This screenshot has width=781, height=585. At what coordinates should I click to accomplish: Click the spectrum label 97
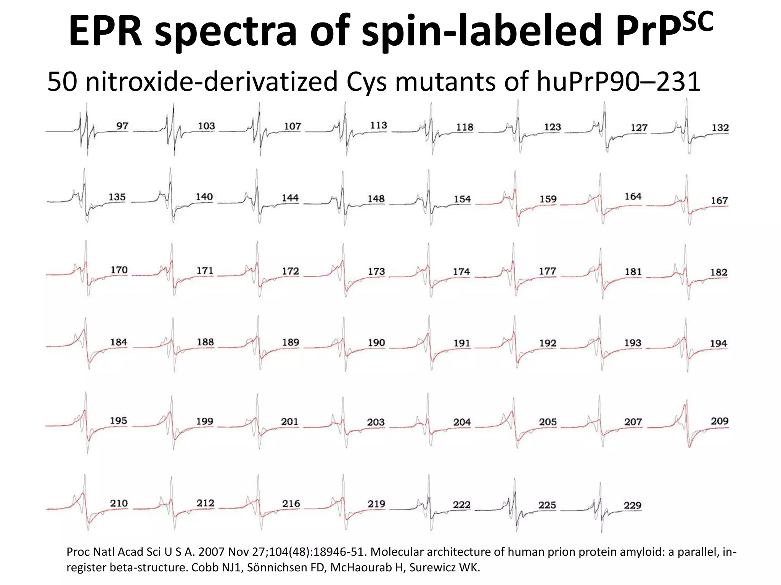pos(122,126)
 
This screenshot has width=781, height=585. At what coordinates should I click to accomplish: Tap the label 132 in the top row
pos(720,128)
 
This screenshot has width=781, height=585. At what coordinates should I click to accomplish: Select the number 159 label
pos(548,199)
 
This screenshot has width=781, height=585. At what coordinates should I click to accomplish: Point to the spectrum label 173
pos(376,272)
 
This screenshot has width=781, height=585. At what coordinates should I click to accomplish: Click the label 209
pos(720,421)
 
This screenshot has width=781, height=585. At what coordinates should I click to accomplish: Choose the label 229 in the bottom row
pos(633,505)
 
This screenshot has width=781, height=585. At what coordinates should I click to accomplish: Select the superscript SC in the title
pos(690,21)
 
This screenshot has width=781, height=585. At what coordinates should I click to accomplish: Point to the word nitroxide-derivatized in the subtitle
pos(212,82)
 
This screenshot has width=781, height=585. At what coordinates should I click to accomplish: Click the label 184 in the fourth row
pos(119,342)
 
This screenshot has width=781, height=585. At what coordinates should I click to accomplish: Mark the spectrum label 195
pos(119,421)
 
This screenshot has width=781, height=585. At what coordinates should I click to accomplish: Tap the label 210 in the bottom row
pos(119,503)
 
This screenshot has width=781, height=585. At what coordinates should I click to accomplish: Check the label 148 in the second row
pos(376,199)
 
